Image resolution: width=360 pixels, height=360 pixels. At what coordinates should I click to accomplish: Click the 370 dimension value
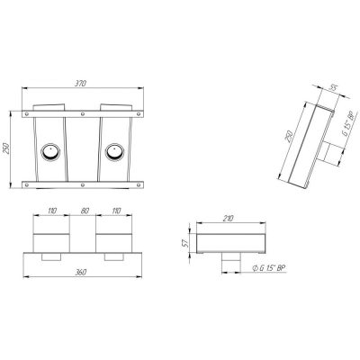coord(80,84)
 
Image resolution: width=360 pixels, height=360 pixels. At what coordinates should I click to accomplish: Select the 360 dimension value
coord(80,272)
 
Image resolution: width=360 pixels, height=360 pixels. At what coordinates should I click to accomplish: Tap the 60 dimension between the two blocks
coord(85,211)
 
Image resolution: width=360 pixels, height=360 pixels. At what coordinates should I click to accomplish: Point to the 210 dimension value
coord(228,219)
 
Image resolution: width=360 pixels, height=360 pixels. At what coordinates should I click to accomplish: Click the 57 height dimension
coord(186,242)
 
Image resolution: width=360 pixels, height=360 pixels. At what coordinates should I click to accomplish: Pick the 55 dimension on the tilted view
coord(333,87)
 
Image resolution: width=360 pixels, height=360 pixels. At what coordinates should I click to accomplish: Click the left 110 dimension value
coord(52,211)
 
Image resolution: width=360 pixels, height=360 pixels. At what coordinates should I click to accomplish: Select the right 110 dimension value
coord(116,211)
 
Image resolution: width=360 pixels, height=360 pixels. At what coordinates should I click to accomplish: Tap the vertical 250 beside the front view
coord(6,148)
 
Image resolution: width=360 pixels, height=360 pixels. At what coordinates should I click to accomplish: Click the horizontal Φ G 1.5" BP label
coord(268,268)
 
